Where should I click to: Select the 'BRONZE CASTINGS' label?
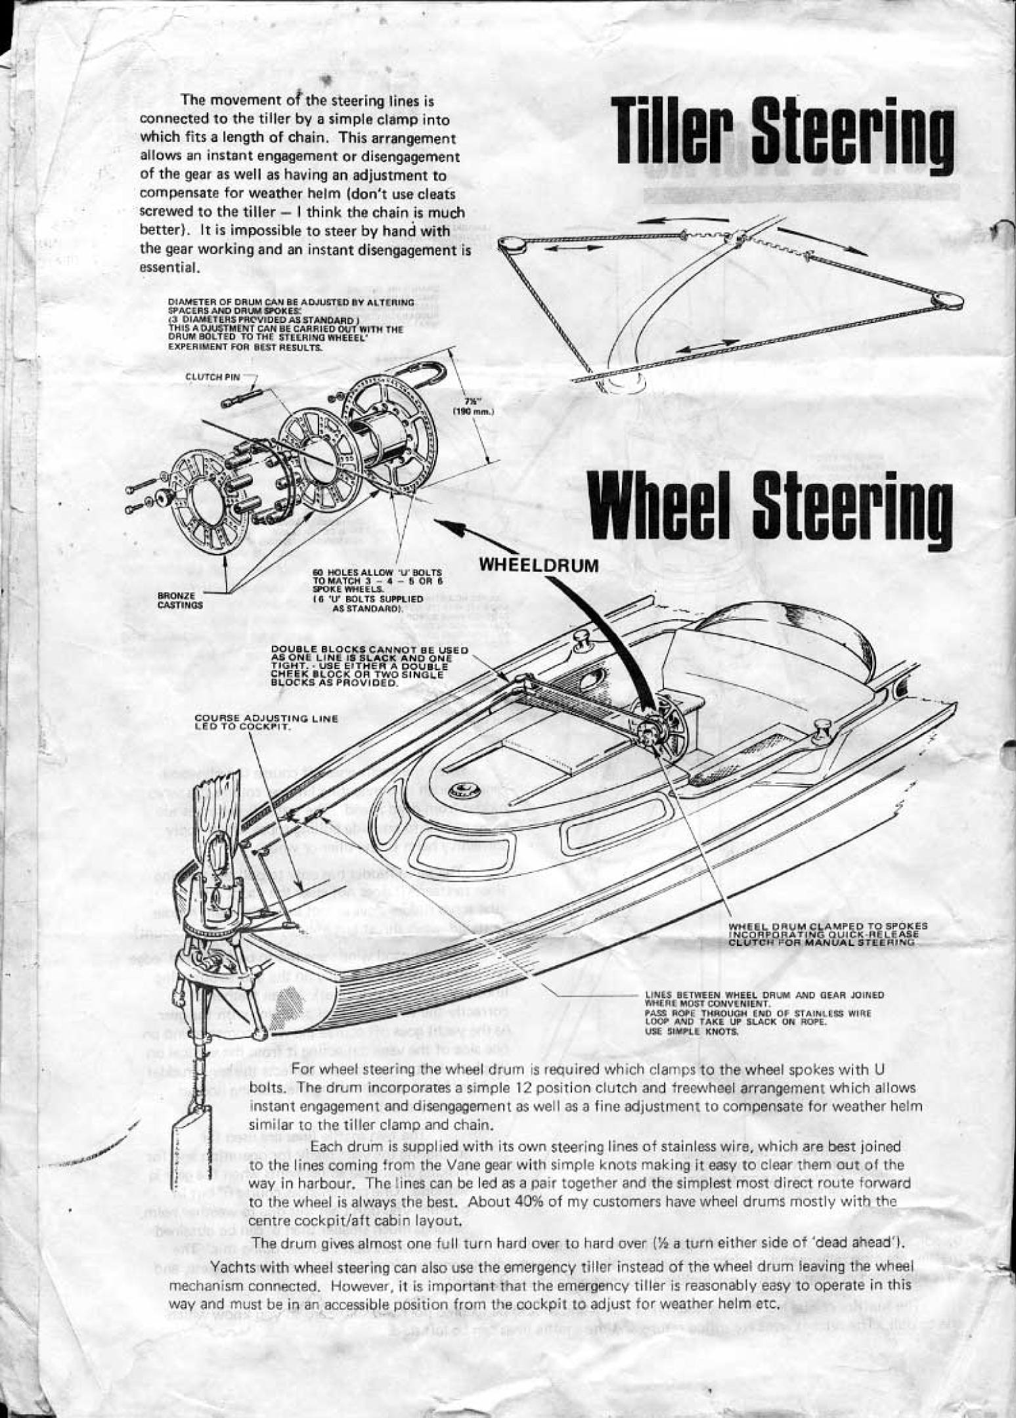[174, 601]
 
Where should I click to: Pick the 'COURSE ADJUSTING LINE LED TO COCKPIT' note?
[266, 721]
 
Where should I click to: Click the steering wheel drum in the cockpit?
[663, 730]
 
